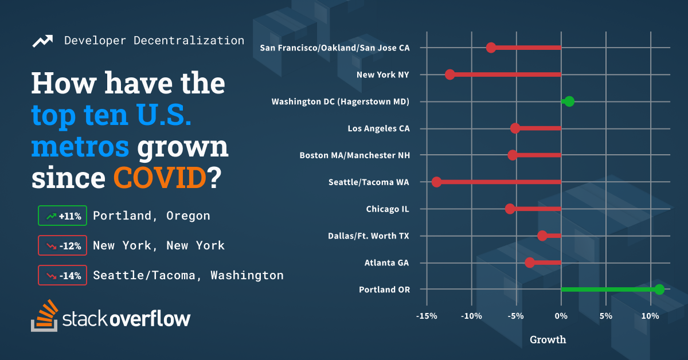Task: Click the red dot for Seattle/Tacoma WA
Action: pyautogui.click(x=436, y=182)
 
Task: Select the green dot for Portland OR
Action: pyautogui.click(x=659, y=289)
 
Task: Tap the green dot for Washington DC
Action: pyautogui.click(x=569, y=101)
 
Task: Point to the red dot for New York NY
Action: pyautogui.click(x=450, y=75)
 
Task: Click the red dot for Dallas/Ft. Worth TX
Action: pyautogui.click(x=542, y=236)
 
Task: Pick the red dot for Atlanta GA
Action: pyautogui.click(x=530, y=263)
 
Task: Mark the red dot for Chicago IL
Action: pyautogui.click(x=510, y=209)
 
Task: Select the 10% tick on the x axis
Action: pyautogui.click(x=650, y=316)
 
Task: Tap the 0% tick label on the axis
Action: pyautogui.click(x=561, y=316)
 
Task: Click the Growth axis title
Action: pyautogui.click(x=548, y=339)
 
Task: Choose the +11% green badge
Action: pyautogui.click(x=62, y=216)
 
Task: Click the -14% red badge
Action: pyautogui.click(x=62, y=275)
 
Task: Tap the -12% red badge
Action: pyautogui.click(x=62, y=246)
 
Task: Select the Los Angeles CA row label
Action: pyautogui.click(x=378, y=128)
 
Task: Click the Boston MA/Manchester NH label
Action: pyautogui.click(x=354, y=155)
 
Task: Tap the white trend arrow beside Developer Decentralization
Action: pyautogui.click(x=43, y=41)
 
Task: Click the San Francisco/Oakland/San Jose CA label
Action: pyautogui.click(x=335, y=48)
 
